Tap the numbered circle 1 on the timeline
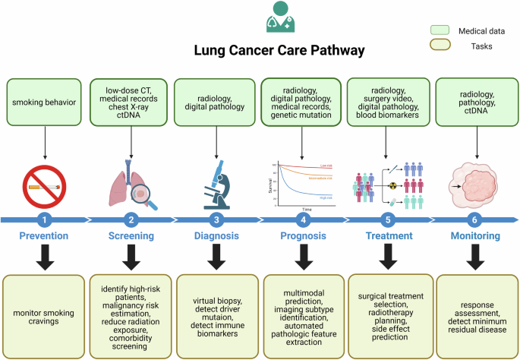44,220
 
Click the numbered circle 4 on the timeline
304,220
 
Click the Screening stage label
131,236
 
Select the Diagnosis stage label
217,236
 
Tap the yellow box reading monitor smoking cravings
44,311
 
